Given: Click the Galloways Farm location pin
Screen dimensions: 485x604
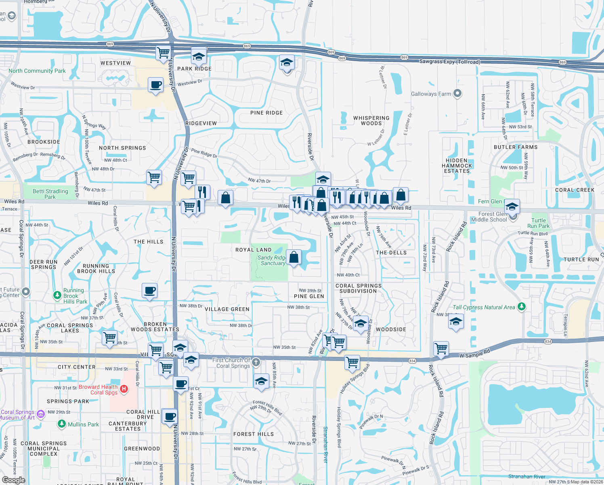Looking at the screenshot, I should coord(457,93).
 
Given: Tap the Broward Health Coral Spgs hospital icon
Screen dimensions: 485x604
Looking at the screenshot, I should coord(124,389).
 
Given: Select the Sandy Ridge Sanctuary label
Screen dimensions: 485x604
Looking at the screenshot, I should coord(271,260).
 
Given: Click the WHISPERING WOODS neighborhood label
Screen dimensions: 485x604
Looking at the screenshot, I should coord(371,121).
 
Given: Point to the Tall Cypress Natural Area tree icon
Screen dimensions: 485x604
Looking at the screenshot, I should coord(522,307).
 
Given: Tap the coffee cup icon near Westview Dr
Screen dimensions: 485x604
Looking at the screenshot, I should coord(156,85).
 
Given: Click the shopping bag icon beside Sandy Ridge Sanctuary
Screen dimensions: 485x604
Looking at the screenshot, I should coord(294,257).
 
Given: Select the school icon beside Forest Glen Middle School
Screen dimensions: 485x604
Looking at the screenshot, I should coord(512,207).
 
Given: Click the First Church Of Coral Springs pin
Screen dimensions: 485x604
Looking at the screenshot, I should coord(256,363).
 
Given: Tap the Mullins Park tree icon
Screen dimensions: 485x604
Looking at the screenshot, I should coord(61,424).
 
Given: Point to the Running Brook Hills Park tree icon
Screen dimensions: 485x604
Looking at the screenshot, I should coord(57,295).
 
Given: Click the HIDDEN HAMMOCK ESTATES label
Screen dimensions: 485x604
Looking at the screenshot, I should coord(457,166).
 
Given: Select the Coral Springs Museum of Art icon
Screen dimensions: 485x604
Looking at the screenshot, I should coord(40,414).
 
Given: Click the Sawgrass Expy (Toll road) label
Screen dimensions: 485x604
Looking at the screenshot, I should coord(450,62).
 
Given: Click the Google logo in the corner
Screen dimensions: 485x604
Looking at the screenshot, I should coord(13,480).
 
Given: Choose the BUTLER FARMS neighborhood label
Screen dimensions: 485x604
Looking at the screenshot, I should coord(516,147).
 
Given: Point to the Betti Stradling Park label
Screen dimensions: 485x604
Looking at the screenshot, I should coord(50,194).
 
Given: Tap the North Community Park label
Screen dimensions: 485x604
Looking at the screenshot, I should coord(37,71).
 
